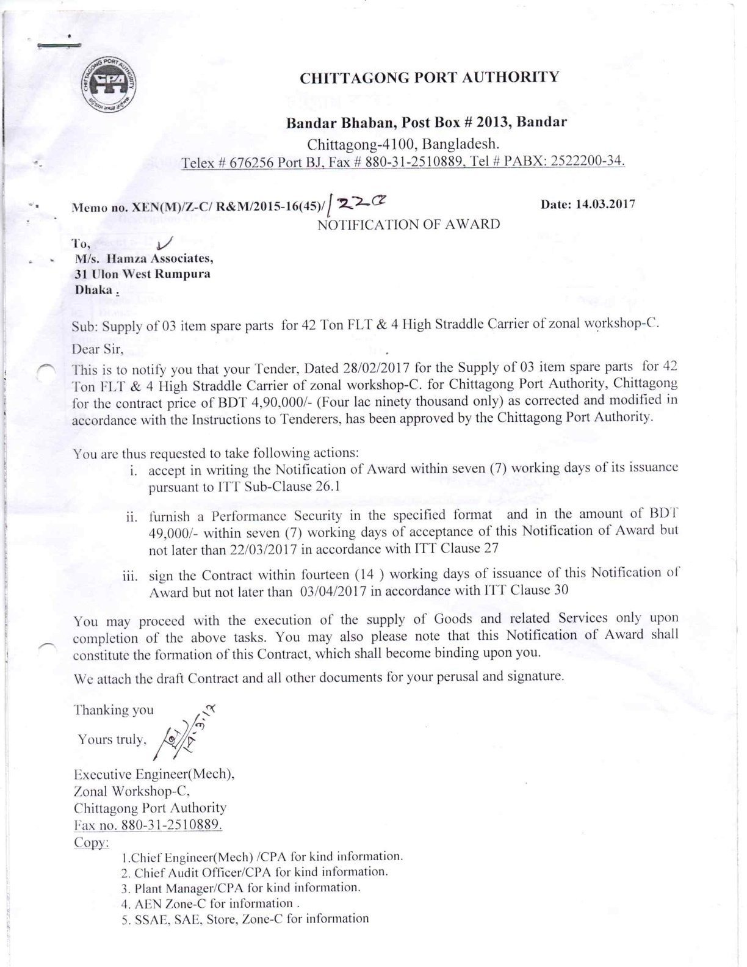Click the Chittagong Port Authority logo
click(x=109, y=85)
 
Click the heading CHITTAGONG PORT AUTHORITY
click(x=429, y=78)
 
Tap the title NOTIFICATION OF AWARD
click(x=408, y=224)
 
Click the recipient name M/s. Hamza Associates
click(x=144, y=258)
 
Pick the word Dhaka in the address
click(x=94, y=290)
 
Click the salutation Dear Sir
click(x=98, y=350)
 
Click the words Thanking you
click(x=114, y=710)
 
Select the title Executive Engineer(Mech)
click(x=154, y=774)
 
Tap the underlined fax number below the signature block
click(x=148, y=825)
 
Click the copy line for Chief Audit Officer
click(x=254, y=872)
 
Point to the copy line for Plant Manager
click(x=241, y=888)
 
